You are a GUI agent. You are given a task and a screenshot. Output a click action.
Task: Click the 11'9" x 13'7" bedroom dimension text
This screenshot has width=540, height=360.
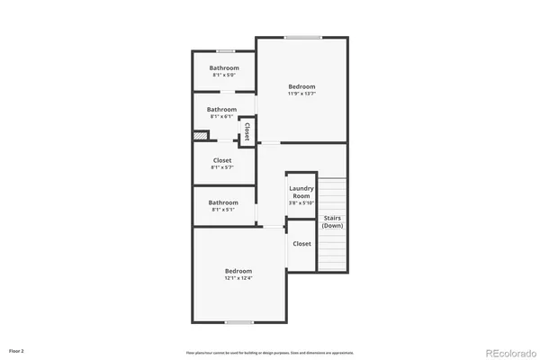pos(301,94)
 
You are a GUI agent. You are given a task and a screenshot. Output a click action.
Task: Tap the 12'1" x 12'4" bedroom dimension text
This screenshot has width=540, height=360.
pos(238,278)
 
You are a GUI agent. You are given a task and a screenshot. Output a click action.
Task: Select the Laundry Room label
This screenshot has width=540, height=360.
pos(301,192)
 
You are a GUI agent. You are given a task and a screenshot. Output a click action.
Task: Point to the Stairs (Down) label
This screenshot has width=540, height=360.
pos(332,220)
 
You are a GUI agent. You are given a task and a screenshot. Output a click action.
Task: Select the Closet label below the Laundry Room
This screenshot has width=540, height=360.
pos(301,244)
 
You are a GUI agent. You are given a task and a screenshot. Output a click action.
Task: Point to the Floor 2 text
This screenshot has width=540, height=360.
pos(17,350)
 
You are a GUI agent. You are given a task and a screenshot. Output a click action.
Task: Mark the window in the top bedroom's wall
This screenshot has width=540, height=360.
pos(303,37)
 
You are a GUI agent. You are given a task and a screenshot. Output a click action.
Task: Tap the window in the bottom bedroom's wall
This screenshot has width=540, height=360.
pos(238,322)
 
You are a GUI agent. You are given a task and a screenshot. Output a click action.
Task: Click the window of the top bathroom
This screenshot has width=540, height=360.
pos(225,50)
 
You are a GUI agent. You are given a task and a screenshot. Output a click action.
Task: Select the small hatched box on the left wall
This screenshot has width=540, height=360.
pos(200,136)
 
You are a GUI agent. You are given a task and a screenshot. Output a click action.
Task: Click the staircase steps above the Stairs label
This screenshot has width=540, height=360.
pos(332,193)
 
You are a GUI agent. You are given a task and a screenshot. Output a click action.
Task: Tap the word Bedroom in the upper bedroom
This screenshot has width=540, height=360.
pos(301,86)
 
